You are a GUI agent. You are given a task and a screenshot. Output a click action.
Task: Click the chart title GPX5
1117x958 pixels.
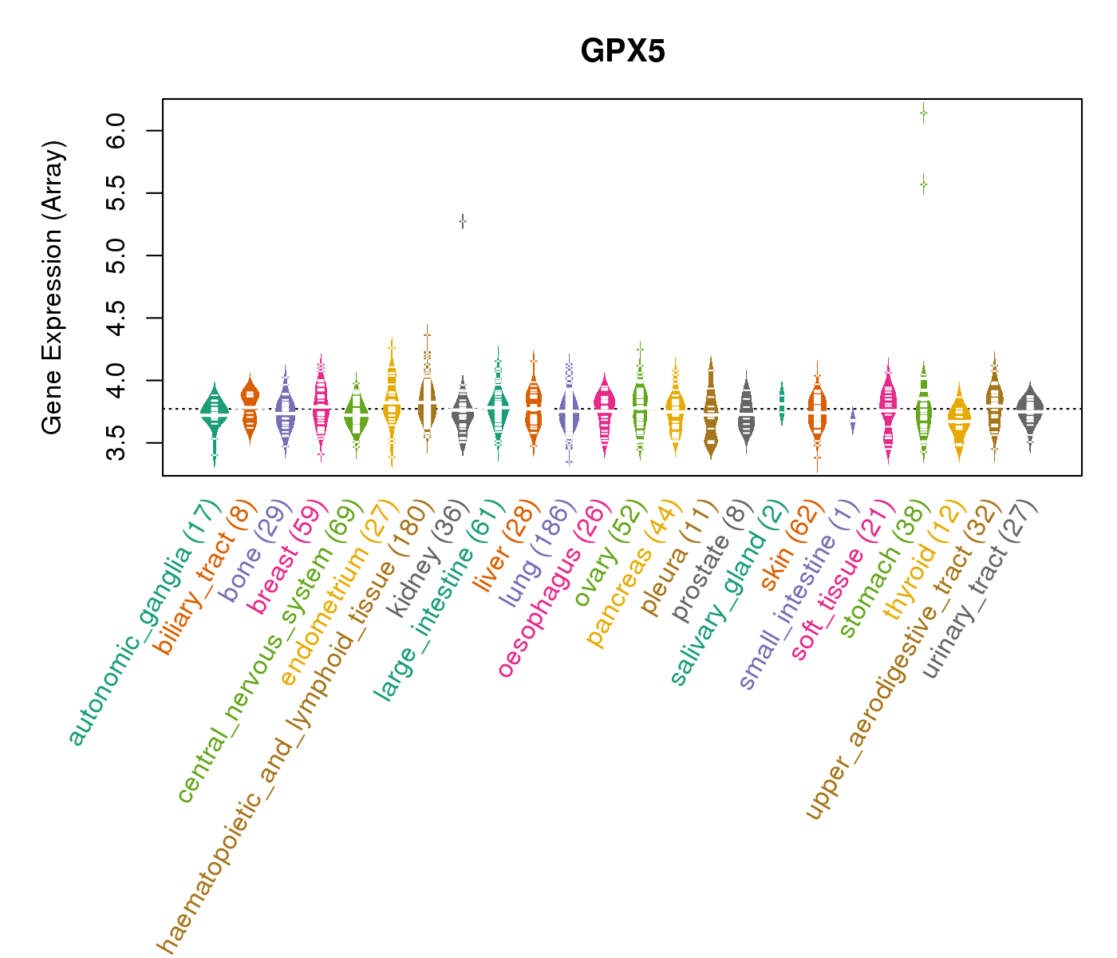(622, 52)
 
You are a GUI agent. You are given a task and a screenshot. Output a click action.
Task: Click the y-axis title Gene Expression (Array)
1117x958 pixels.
(52, 287)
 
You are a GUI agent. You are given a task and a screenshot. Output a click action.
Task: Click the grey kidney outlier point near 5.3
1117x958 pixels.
(462, 221)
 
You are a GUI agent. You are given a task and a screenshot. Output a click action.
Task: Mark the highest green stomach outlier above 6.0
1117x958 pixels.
(923, 113)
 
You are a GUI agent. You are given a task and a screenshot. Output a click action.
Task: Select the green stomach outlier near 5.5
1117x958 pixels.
(923, 184)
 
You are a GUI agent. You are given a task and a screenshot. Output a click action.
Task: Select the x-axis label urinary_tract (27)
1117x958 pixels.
(979, 591)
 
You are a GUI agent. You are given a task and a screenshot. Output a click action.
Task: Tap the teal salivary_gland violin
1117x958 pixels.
(782, 403)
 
